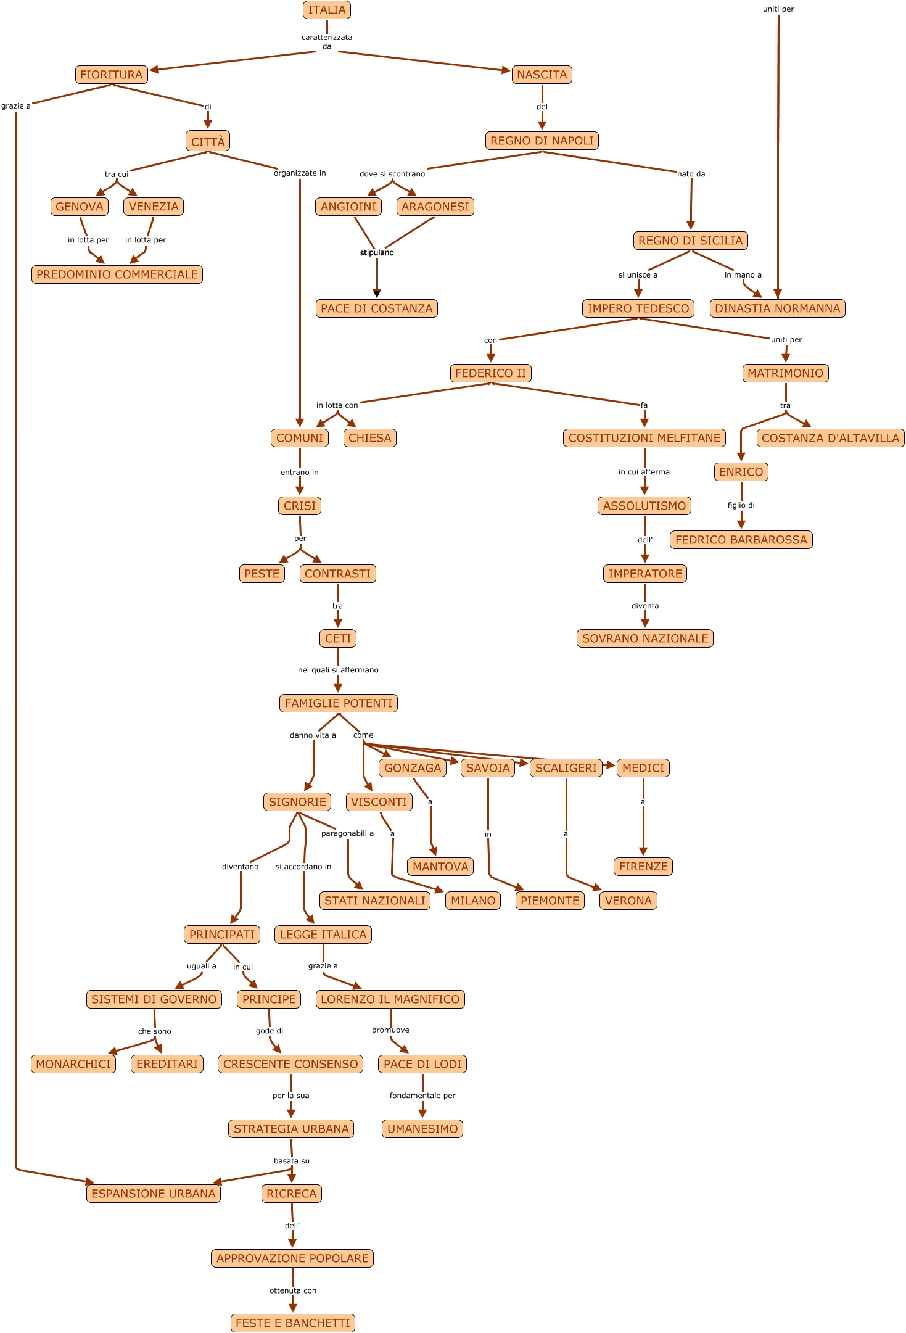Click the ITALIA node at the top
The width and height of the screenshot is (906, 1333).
point(327,10)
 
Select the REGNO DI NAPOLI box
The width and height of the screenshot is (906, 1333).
point(542,141)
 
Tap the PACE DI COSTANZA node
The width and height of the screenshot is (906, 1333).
point(376,308)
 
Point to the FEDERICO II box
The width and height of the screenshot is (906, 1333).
point(490,373)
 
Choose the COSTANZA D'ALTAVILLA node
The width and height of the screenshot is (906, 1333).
point(830,438)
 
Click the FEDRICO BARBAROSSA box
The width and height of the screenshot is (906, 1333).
point(741,540)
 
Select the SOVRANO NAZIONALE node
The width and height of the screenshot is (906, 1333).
point(645,638)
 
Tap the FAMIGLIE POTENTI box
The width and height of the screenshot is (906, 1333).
point(339,703)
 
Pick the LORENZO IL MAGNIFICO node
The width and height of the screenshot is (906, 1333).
point(390,999)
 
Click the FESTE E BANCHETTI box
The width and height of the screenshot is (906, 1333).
point(293,1323)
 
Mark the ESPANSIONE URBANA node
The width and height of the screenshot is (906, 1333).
point(154,1194)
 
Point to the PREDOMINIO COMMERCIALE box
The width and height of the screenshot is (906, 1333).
point(117,274)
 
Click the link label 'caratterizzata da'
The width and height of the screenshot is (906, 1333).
point(327,42)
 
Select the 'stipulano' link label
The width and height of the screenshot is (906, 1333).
point(377,253)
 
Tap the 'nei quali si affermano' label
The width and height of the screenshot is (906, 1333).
point(338,670)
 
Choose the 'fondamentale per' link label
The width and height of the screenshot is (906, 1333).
point(422,1096)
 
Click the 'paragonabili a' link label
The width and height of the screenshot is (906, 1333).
point(347,833)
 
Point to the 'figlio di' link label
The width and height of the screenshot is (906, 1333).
point(741,505)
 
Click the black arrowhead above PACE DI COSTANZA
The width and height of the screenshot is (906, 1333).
point(377,294)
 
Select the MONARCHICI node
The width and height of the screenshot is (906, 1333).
point(73,1064)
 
